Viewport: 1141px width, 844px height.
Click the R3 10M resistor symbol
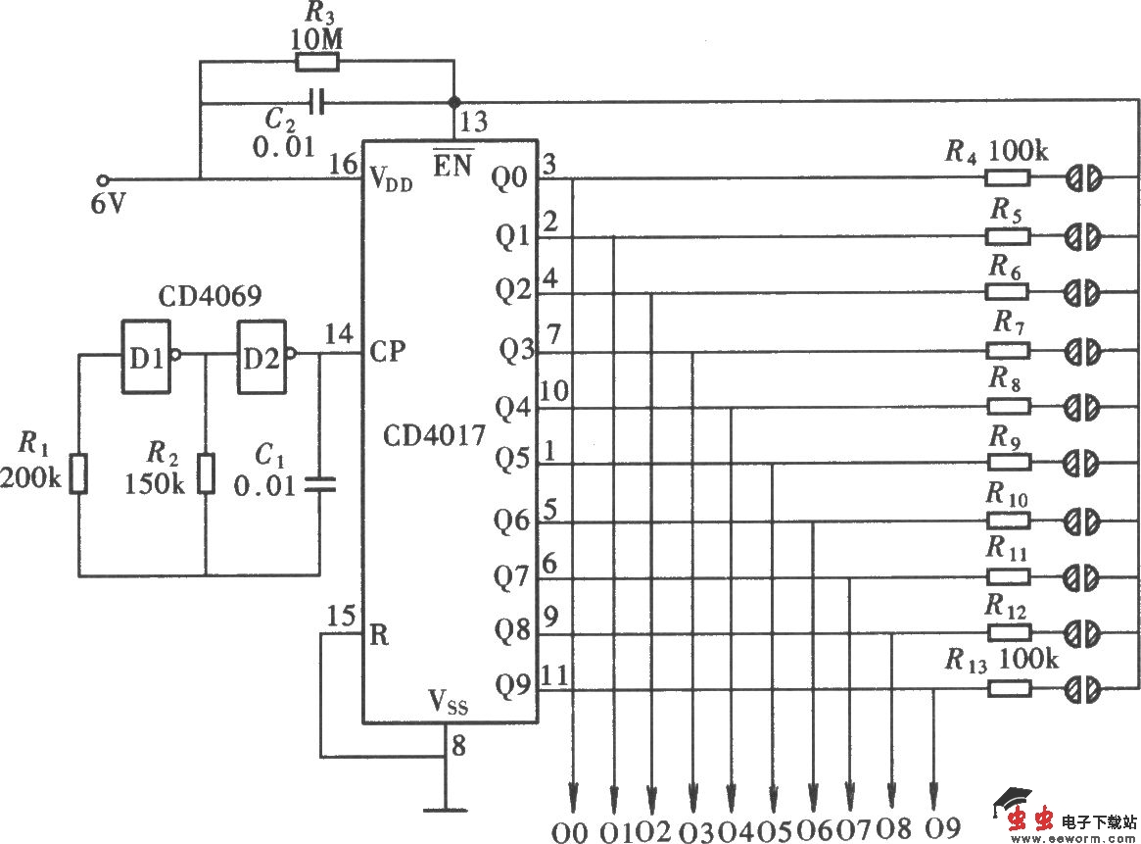click(317, 63)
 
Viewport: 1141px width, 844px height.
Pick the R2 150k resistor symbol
click(205, 473)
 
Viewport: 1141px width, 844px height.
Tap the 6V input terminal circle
click(104, 179)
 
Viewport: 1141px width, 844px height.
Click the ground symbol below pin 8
click(446, 810)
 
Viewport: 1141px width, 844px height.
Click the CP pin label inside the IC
click(388, 351)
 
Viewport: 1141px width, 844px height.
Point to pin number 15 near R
click(342, 618)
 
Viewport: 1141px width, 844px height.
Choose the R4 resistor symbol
click(1007, 178)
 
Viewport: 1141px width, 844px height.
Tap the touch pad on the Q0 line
click(1082, 178)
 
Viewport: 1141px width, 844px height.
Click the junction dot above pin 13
click(453, 101)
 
